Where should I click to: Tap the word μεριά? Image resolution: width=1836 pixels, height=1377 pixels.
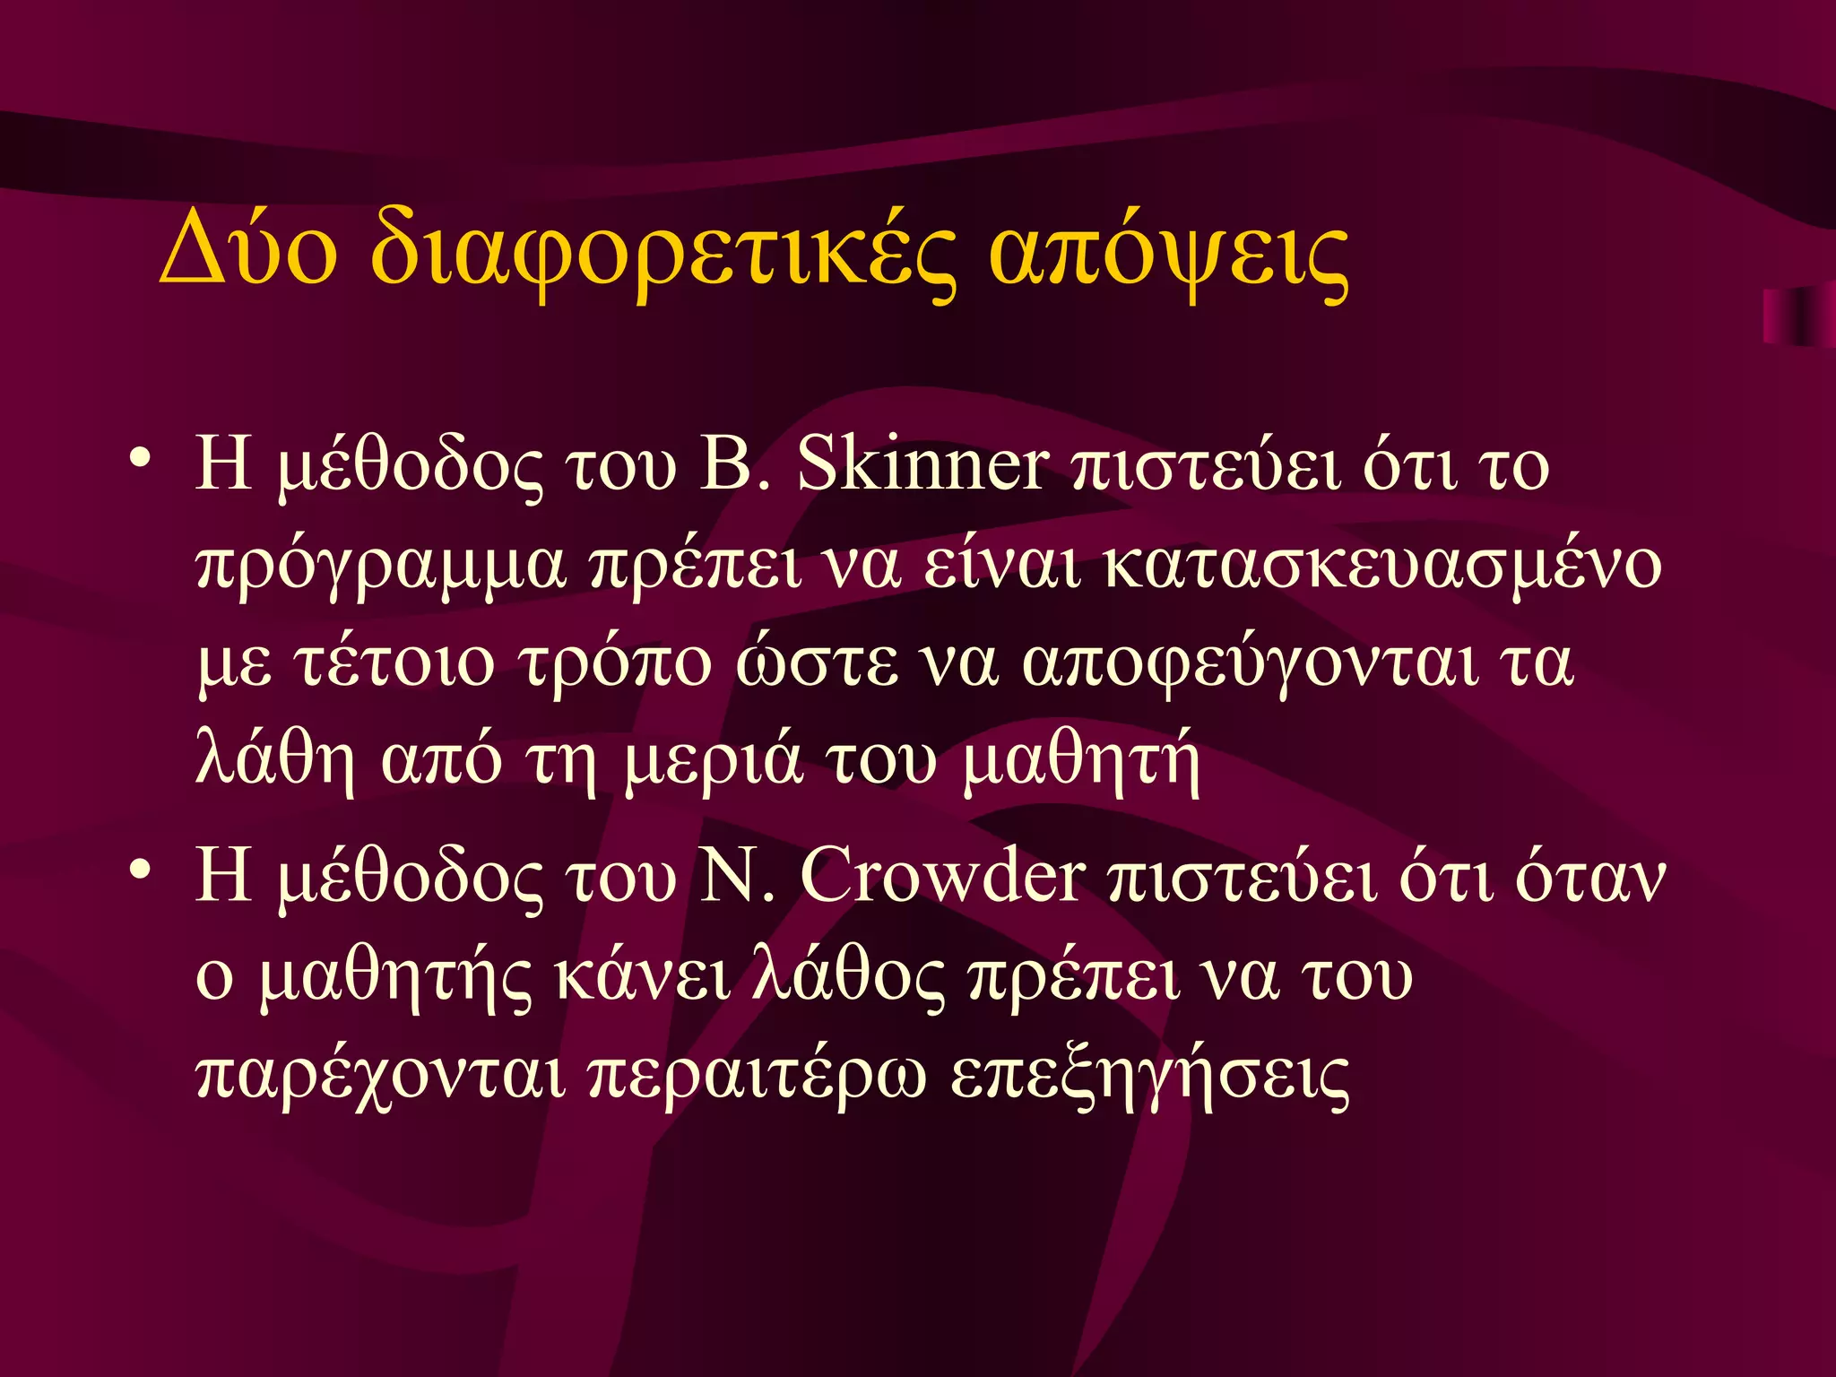tap(713, 764)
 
